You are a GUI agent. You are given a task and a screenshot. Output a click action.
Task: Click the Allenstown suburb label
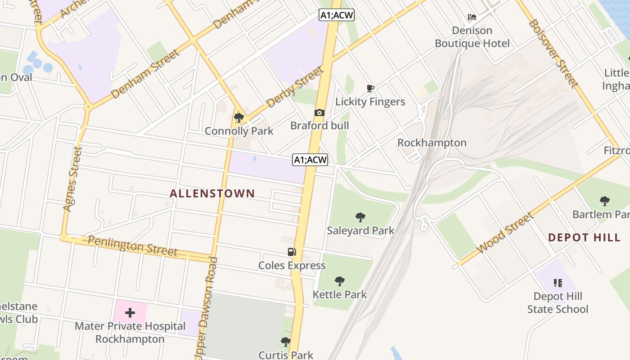click(x=212, y=193)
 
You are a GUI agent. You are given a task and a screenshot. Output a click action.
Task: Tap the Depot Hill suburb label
click(x=584, y=238)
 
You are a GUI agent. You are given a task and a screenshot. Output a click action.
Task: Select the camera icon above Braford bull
click(x=319, y=112)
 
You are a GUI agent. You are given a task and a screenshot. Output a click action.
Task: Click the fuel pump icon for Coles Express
click(x=292, y=252)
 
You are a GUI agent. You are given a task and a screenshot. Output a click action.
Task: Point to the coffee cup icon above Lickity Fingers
click(x=370, y=88)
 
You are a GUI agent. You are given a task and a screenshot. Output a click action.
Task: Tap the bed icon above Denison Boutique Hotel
click(x=472, y=17)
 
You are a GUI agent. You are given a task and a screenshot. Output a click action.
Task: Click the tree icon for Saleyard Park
click(x=360, y=217)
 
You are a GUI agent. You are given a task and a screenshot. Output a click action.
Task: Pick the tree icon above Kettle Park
click(x=340, y=282)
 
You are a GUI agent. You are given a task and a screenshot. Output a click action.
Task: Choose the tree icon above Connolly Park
click(x=239, y=118)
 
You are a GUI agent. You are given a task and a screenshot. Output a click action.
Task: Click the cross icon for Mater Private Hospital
click(x=130, y=312)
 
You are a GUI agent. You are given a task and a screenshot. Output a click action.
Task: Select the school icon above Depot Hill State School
click(x=558, y=283)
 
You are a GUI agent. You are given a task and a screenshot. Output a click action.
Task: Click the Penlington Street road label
click(x=132, y=246)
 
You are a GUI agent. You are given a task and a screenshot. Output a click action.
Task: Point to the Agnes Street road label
click(x=73, y=179)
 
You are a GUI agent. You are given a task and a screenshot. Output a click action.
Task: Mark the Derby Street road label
click(x=295, y=87)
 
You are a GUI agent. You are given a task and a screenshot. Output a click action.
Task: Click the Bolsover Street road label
click(x=553, y=53)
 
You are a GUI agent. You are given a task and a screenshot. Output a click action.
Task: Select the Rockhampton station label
click(x=432, y=143)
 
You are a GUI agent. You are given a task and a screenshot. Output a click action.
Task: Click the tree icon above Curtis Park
click(x=285, y=342)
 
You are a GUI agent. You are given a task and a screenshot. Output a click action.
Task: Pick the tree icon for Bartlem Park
click(x=604, y=201)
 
